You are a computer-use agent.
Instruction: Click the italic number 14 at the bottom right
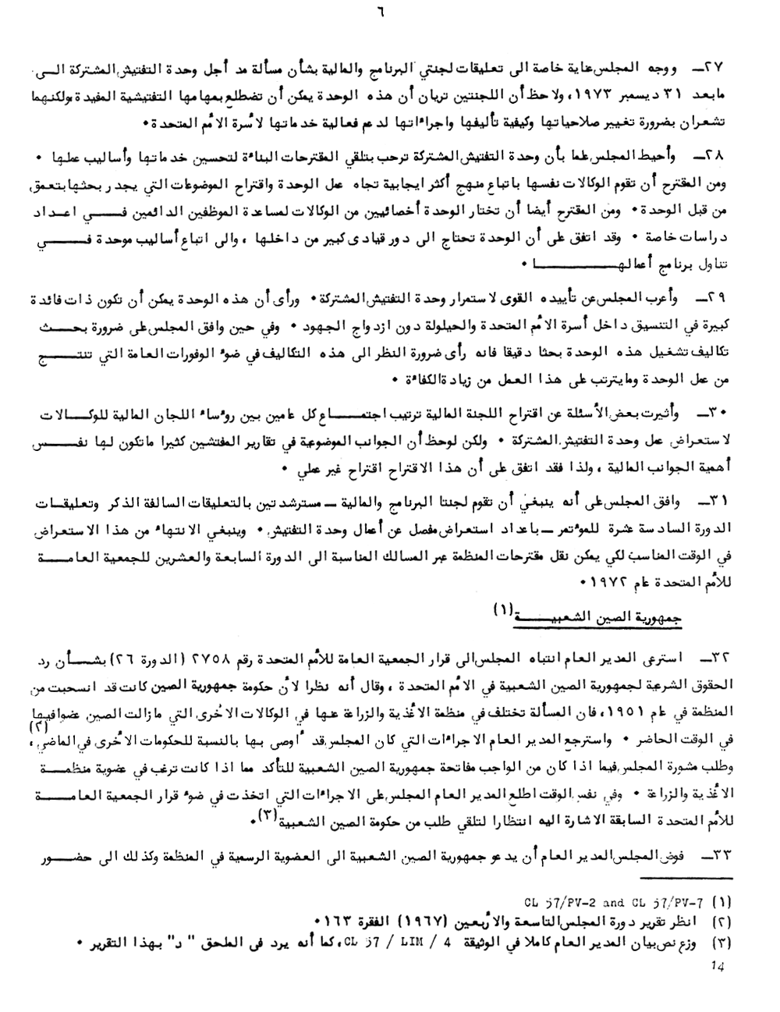(718, 966)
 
